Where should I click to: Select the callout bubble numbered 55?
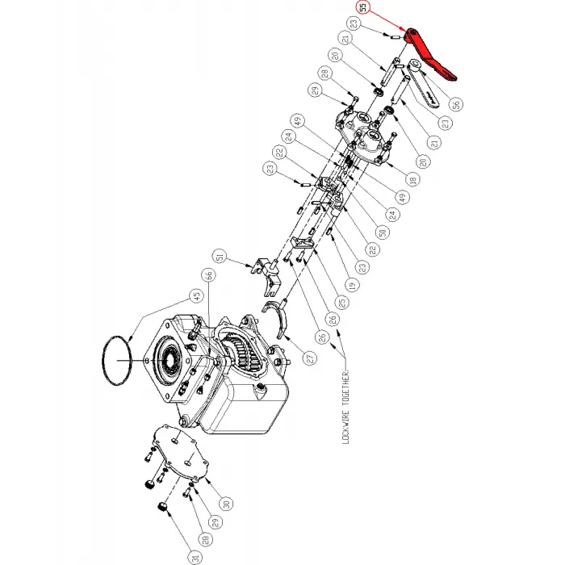tap(363, 9)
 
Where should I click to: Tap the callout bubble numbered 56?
tap(456, 103)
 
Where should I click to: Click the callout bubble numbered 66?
tap(208, 275)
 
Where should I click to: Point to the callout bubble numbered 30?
tap(225, 504)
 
